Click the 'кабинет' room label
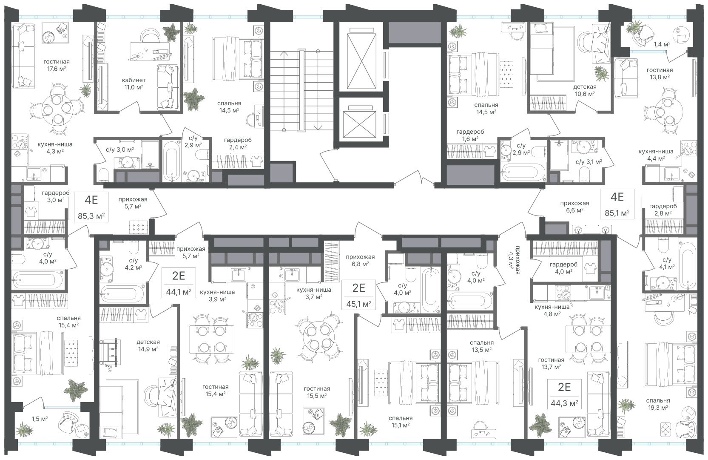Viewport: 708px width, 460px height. coord(134,80)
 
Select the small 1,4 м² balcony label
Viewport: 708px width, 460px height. coord(662,45)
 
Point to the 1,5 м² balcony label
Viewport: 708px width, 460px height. coord(40,419)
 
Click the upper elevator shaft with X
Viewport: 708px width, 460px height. coord(361,61)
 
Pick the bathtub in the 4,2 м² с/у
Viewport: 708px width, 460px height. coord(122,294)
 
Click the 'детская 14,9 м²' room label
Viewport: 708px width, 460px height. coord(148,345)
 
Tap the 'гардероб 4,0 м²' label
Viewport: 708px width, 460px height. coord(563,268)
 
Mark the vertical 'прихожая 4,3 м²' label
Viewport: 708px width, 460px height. coord(514,259)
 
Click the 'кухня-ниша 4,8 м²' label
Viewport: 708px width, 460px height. coord(552,310)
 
